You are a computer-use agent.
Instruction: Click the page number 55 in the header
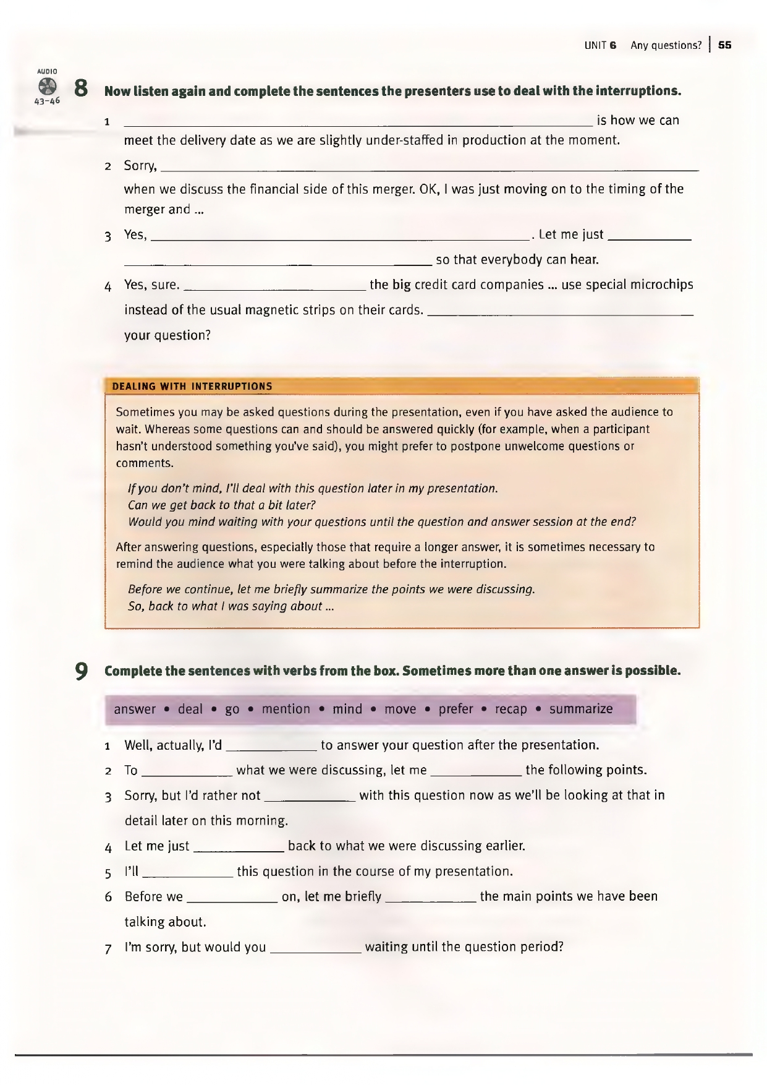tap(725, 45)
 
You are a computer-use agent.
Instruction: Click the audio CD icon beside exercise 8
tap(47, 87)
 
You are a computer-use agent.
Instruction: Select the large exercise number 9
tap(80, 671)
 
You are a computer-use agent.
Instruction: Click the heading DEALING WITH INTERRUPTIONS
tap(192, 387)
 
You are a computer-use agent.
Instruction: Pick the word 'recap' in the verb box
tap(511, 709)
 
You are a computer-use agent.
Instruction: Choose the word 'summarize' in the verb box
tap(581, 709)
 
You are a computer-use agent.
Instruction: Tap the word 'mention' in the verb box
tap(286, 709)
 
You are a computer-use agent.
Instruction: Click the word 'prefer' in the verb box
tap(456, 709)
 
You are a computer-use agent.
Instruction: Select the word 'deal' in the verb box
tap(190, 709)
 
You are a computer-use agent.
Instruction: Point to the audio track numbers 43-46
tap(47, 101)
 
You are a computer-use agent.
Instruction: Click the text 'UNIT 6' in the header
tap(600, 45)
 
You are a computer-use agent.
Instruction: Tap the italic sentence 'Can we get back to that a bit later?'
tap(221, 505)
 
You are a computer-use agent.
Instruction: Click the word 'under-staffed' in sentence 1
tap(404, 140)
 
